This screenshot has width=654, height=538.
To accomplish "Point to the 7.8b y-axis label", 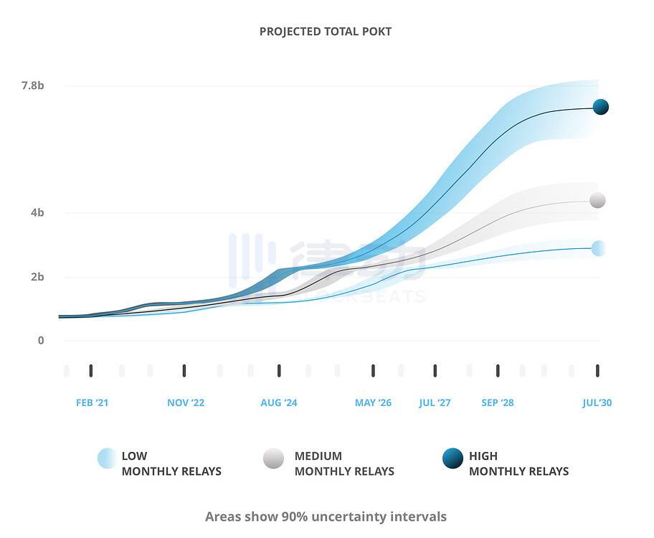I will pyautogui.click(x=33, y=85).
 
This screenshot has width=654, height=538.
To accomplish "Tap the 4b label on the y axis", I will pyautogui.click(x=37, y=212).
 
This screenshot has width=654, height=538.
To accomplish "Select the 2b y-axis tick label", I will pyautogui.click(x=37, y=276).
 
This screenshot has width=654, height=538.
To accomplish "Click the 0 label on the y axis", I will pyautogui.click(x=41, y=340).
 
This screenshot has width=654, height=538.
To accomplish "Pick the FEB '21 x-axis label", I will pyautogui.click(x=93, y=402).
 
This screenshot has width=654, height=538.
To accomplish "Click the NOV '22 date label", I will pyautogui.click(x=186, y=402).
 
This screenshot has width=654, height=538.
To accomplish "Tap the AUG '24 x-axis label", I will pyautogui.click(x=279, y=402).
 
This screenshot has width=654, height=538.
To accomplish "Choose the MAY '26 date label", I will pyautogui.click(x=373, y=402).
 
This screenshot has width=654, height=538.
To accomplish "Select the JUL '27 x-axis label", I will pyautogui.click(x=435, y=402).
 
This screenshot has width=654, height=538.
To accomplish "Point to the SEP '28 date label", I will pyautogui.click(x=498, y=402).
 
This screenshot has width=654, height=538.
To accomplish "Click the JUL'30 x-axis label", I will pyautogui.click(x=597, y=402).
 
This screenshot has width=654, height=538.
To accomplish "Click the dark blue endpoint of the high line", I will pyautogui.click(x=601, y=107).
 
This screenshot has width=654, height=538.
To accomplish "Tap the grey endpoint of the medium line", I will pyautogui.click(x=597, y=200).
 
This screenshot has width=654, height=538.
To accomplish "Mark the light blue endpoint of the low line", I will pyautogui.click(x=598, y=248).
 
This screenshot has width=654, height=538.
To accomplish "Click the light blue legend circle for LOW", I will pyautogui.click(x=107, y=458).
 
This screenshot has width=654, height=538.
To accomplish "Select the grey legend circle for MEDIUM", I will pyautogui.click(x=273, y=458).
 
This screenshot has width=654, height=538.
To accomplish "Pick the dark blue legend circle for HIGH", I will pyautogui.click(x=452, y=458).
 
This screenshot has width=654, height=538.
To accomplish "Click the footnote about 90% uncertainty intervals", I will pyautogui.click(x=326, y=516).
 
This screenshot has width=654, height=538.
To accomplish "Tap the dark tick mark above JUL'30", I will pyautogui.click(x=597, y=370).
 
